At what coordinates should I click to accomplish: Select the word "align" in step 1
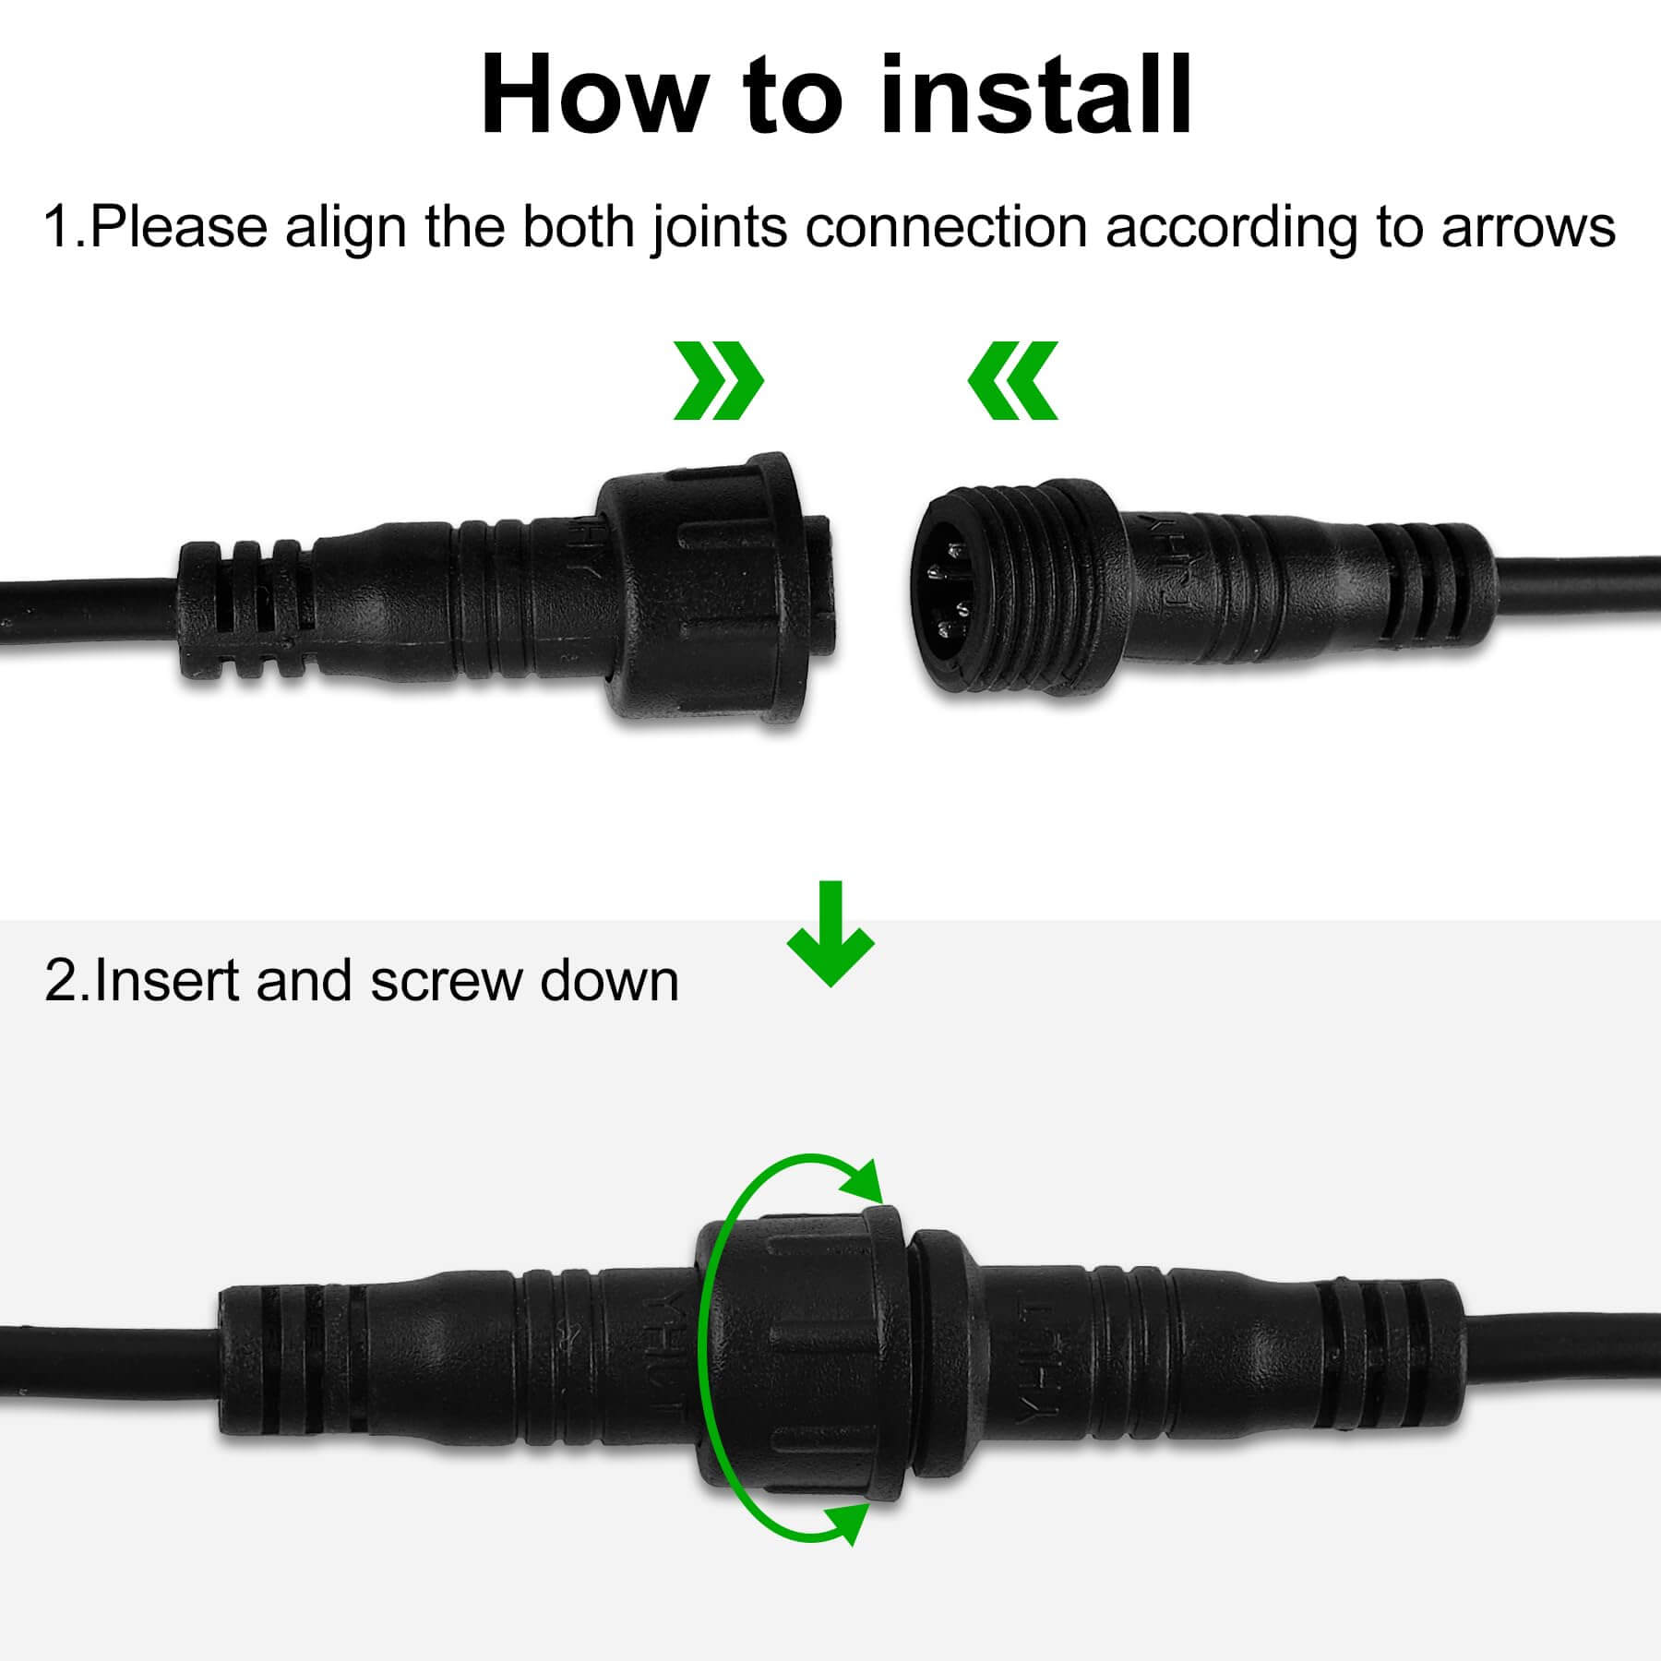pyautogui.click(x=344, y=228)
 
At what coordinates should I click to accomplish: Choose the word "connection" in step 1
pyautogui.click(x=946, y=228)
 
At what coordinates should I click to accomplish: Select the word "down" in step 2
pyautogui.click(x=609, y=980)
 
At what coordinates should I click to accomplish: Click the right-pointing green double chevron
pyautogui.click(x=718, y=380)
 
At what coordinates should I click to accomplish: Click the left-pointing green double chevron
pyautogui.click(x=1012, y=380)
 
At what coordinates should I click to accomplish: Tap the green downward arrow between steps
pyautogui.click(x=830, y=934)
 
